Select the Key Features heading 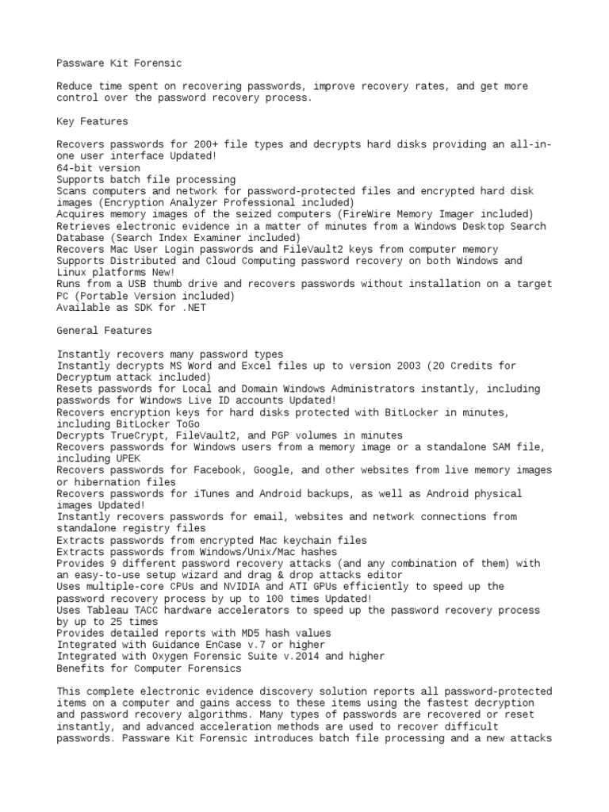click(x=93, y=121)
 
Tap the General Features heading click(x=105, y=330)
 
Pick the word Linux click(x=74, y=272)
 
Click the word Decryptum click(x=90, y=377)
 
